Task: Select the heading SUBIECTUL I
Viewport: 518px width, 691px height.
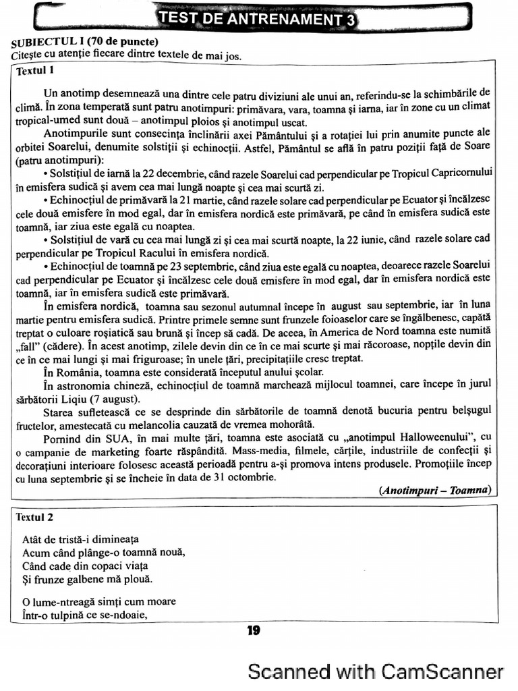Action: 50,43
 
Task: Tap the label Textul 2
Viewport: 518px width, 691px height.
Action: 34,518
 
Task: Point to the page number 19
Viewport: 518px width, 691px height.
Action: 254,630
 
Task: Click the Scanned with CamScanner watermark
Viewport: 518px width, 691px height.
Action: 376,672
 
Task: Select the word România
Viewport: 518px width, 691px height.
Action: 80,372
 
